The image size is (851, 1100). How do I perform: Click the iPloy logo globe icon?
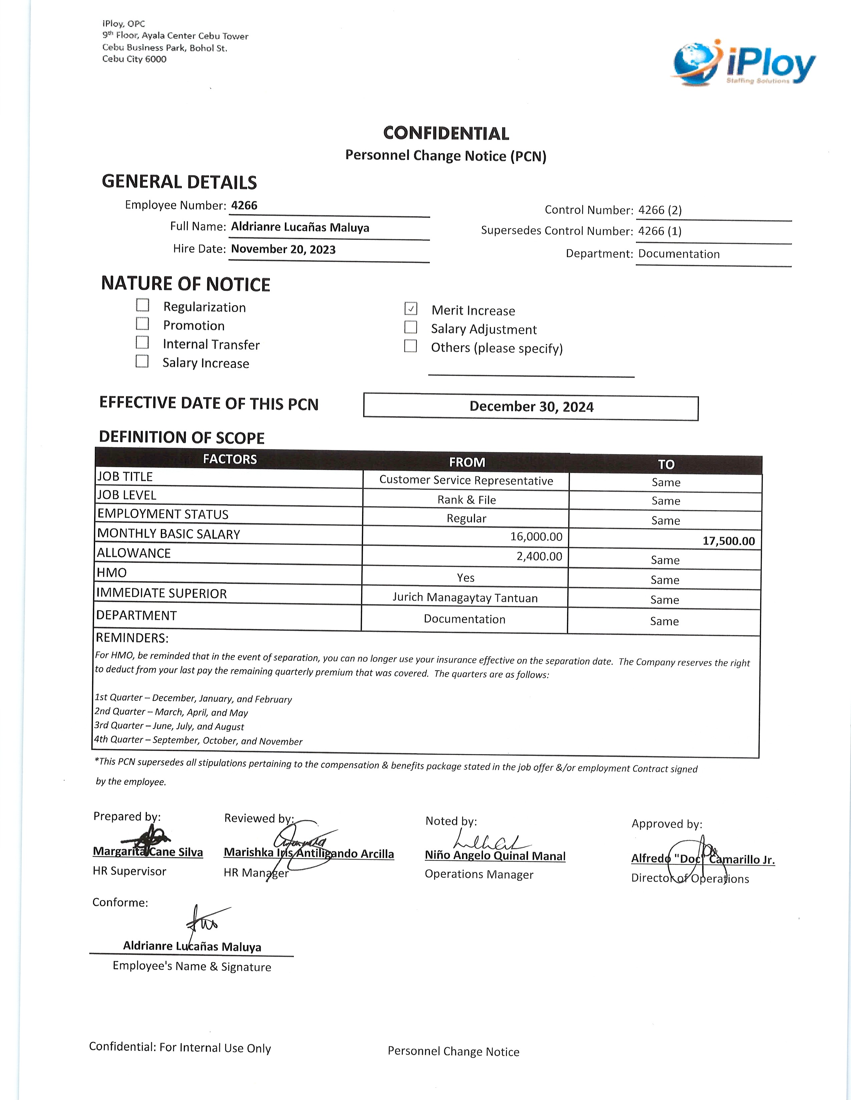click(695, 64)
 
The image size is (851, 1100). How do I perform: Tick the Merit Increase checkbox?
click(411, 308)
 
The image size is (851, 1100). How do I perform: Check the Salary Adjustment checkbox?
click(411, 327)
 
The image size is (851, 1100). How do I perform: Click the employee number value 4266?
click(244, 205)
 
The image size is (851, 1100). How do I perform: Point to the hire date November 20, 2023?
click(283, 249)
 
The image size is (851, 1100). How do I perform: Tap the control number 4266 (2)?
click(659, 210)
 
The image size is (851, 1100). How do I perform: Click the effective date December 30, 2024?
click(531, 406)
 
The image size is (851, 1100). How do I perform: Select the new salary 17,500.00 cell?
click(729, 541)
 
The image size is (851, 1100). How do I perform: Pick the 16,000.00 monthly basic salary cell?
click(536, 536)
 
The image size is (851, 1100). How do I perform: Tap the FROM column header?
click(467, 462)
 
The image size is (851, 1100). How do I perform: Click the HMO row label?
click(112, 573)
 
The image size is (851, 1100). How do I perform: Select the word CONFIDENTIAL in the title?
click(446, 133)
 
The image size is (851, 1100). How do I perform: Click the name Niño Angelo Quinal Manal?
click(495, 856)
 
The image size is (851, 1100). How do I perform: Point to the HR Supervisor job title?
click(129, 871)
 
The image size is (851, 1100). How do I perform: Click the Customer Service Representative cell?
click(466, 480)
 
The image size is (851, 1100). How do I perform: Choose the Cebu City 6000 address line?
click(134, 59)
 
